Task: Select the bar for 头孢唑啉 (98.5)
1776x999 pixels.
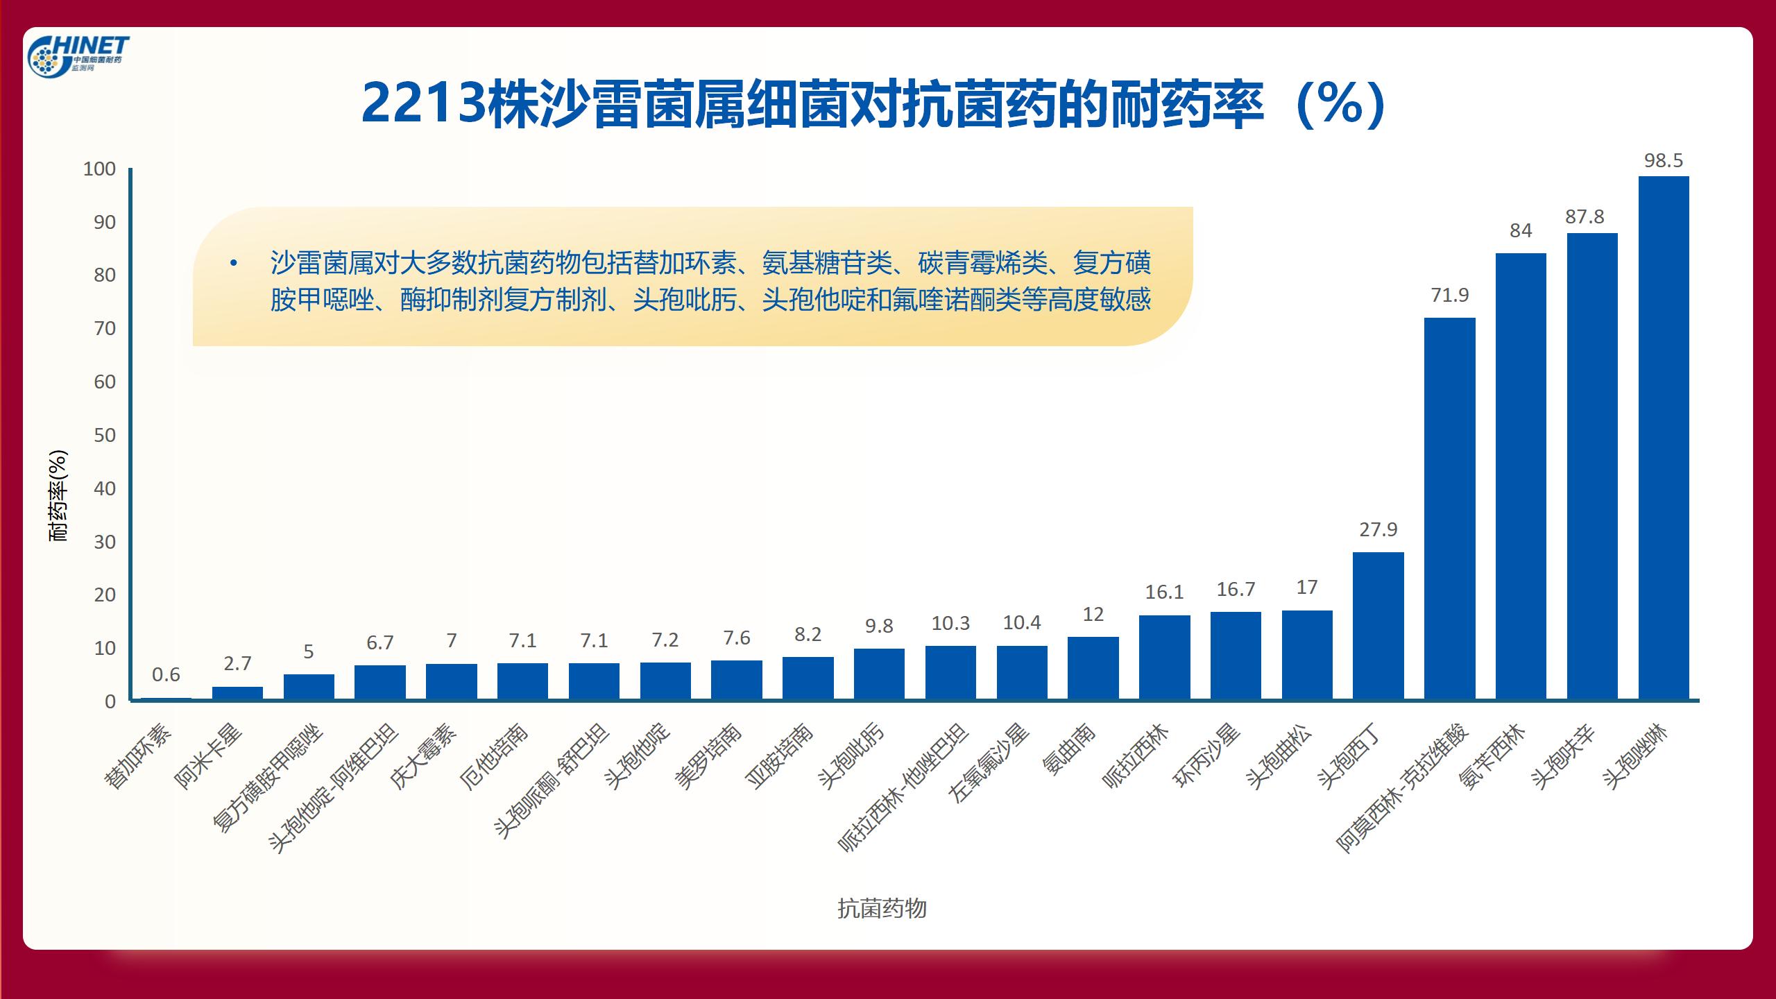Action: (x=1664, y=437)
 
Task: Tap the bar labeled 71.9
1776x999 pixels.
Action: (x=1450, y=508)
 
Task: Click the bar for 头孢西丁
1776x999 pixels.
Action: (x=1378, y=625)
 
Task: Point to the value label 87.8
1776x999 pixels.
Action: (x=1585, y=217)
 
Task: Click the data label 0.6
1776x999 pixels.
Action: (x=166, y=674)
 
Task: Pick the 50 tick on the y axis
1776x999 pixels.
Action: (x=105, y=435)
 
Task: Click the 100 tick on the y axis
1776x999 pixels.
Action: (x=99, y=169)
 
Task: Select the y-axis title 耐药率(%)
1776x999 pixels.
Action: (x=58, y=495)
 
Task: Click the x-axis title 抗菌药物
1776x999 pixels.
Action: (x=882, y=908)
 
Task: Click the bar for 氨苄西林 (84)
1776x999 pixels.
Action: (x=1521, y=476)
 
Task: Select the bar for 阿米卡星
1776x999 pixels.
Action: (x=237, y=693)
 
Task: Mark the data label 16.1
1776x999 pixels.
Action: (x=1164, y=592)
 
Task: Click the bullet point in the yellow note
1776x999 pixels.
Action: (x=234, y=264)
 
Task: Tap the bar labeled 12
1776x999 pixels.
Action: (x=1093, y=668)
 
